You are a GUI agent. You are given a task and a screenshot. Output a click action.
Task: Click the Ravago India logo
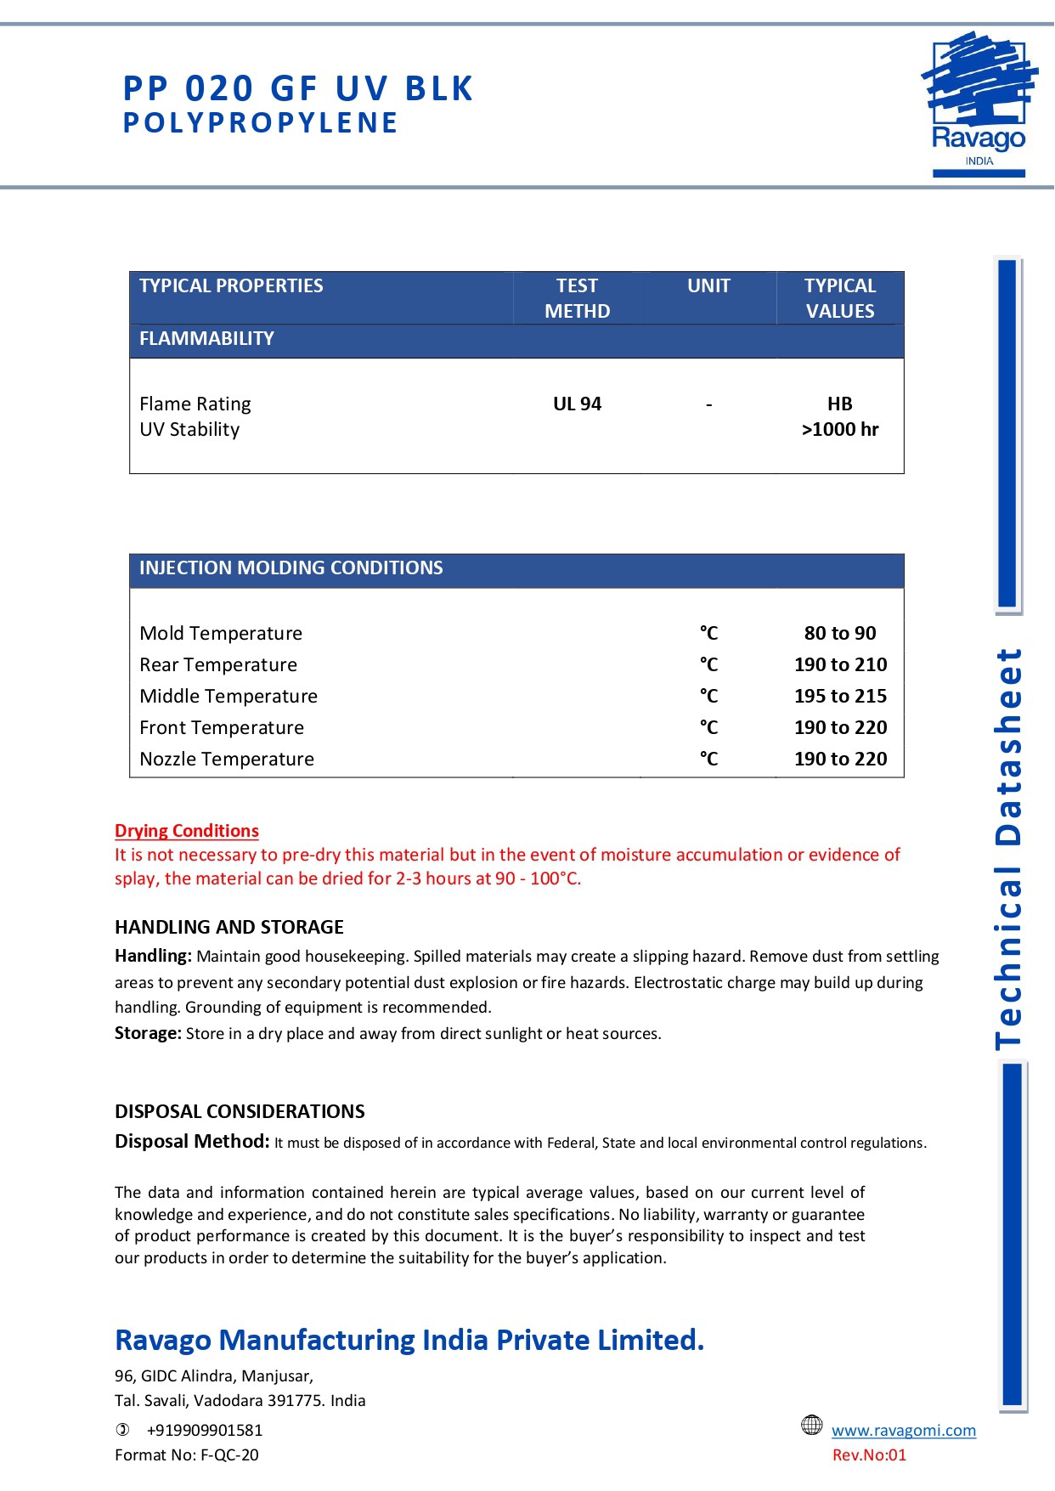click(x=979, y=104)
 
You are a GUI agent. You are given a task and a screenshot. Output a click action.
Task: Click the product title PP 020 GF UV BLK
click(x=298, y=89)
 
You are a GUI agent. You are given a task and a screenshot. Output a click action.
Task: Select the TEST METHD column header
click(x=577, y=298)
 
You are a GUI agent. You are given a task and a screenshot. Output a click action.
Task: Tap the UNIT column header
click(x=708, y=286)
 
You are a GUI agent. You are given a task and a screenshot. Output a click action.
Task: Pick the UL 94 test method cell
click(x=577, y=404)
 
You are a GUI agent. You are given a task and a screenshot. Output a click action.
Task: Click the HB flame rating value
click(x=839, y=404)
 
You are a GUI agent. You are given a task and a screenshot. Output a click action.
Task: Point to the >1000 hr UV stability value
click(x=839, y=430)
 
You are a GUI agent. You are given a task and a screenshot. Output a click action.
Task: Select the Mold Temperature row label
click(x=221, y=634)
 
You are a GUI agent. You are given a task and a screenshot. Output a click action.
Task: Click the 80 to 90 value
click(x=840, y=634)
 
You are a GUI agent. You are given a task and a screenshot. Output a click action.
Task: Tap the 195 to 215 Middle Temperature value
click(x=840, y=697)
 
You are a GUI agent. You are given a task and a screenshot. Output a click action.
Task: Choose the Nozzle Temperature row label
click(x=227, y=760)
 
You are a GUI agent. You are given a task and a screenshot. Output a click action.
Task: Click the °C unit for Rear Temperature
click(x=708, y=665)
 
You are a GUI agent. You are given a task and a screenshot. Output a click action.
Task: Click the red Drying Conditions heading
click(x=187, y=831)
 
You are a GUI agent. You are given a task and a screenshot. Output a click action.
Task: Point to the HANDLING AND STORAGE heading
click(x=229, y=927)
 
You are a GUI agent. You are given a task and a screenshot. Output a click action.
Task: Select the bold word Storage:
click(x=148, y=1034)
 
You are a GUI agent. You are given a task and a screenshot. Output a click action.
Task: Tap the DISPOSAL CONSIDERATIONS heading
click(x=240, y=1111)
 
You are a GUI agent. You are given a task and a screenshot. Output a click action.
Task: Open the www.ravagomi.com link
click(x=904, y=1431)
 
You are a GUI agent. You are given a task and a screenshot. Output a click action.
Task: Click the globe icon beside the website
click(x=812, y=1426)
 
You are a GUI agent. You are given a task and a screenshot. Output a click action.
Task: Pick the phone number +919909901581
click(x=205, y=1431)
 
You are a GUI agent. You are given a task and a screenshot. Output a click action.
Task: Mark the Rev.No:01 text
click(x=869, y=1455)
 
